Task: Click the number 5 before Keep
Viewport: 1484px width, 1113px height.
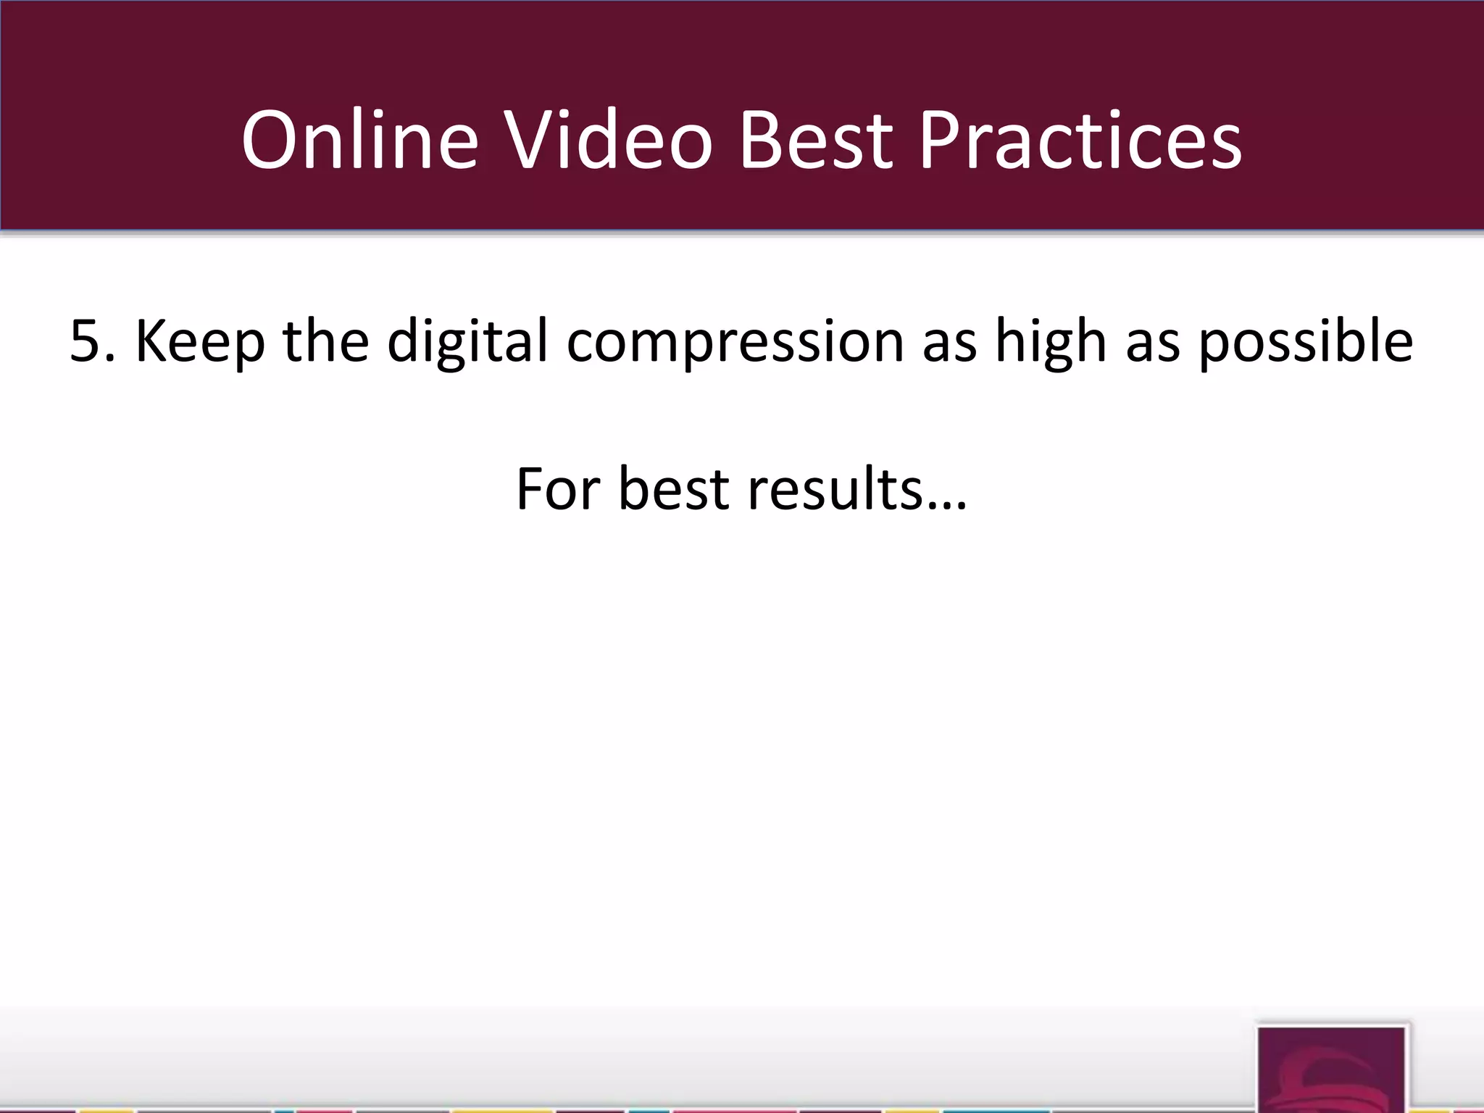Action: (86, 341)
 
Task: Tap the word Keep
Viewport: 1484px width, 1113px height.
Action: (200, 341)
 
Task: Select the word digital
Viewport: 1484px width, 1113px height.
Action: (467, 341)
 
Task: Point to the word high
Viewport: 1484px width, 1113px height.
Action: (1050, 341)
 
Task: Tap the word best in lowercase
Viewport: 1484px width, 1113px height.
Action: (673, 489)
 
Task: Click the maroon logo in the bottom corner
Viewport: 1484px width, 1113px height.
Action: (1332, 1070)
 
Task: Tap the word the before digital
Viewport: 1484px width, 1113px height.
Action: (325, 341)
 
